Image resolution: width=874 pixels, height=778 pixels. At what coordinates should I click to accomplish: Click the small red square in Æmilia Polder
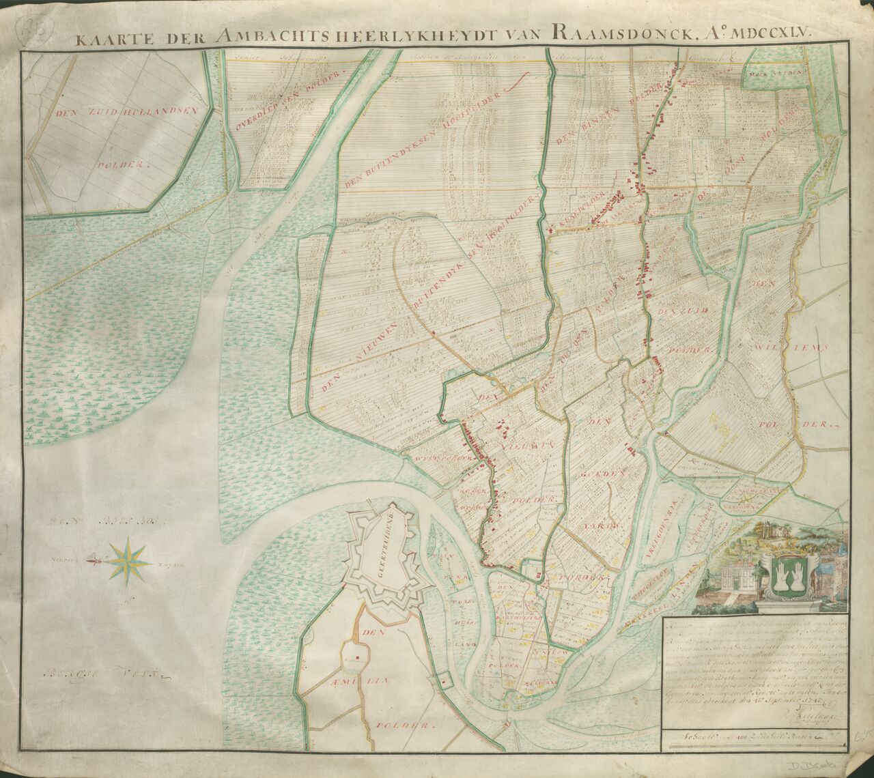[356, 659]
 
